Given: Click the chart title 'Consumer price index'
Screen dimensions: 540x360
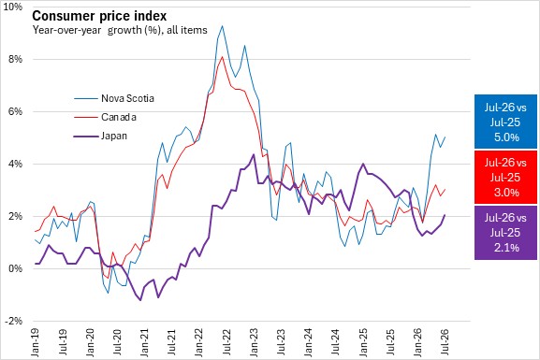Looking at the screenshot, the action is [99, 16].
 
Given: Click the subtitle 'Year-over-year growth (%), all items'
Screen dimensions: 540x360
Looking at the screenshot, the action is [120, 30].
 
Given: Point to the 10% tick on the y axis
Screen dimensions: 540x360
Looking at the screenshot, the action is [13, 7].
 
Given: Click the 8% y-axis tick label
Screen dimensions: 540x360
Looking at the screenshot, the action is [15, 59].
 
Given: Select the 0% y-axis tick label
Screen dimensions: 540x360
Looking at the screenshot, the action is [15, 268].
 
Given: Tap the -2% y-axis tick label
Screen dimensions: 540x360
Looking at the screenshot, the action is [13, 321].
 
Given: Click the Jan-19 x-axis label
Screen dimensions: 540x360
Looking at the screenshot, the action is [36, 342].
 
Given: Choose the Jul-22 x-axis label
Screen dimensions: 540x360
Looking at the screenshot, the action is [227, 342].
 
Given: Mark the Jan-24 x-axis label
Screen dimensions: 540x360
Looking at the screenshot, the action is [309, 342].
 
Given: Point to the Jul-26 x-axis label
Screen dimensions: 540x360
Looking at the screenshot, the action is [445, 342].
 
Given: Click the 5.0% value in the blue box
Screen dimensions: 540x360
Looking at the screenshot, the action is [506, 137].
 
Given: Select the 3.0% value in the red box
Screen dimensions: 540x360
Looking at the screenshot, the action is [506, 192].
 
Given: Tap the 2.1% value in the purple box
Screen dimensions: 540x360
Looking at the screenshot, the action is [506, 247].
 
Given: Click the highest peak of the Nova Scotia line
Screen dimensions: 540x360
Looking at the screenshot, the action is [222, 26].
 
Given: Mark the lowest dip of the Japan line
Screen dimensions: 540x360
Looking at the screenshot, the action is [140, 300].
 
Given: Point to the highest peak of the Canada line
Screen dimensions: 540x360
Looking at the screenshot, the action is [222, 57].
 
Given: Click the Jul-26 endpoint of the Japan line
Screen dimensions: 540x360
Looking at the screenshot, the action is [445, 215].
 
